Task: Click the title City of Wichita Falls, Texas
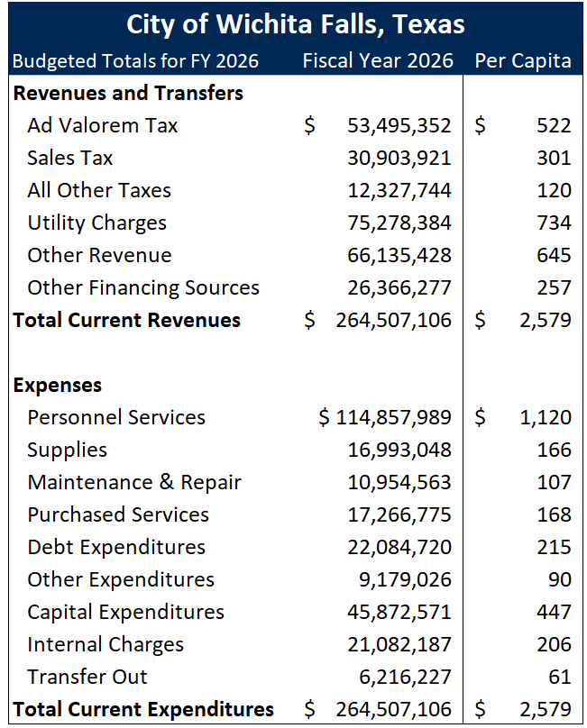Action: pos(296,23)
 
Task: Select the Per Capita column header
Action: pos(522,61)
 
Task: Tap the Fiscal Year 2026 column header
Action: pos(377,61)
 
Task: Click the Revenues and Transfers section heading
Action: pos(128,93)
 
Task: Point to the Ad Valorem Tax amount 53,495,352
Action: pos(399,125)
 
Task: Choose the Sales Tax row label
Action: pos(70,158)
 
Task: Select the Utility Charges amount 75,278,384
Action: pos(399,223)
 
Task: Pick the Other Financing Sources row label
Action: pos(143,287)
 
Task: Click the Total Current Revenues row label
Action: pos(127,320)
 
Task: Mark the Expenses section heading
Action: pos(58,385)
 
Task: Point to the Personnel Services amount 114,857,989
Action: pos(393,417)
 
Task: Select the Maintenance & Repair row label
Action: pos(134,482)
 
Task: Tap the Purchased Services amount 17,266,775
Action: pos(399,514)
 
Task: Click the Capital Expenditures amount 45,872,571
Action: pos(399,612)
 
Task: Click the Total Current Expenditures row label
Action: pos(143,709)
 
